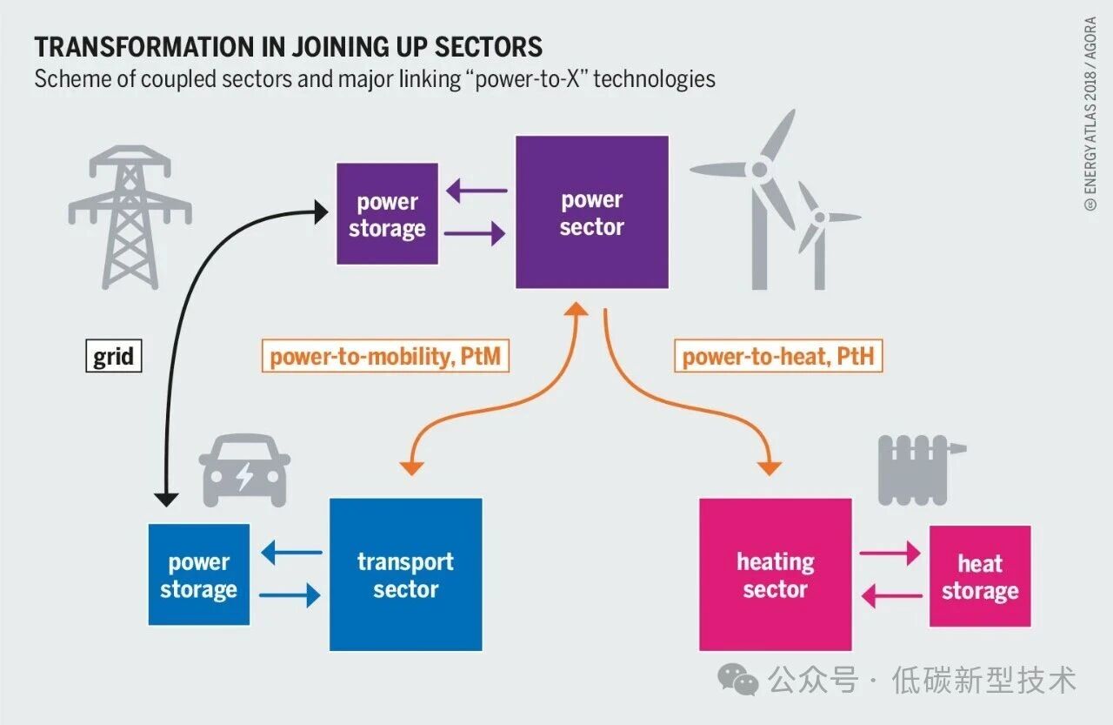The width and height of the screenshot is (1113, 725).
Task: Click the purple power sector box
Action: [x=591, y=212]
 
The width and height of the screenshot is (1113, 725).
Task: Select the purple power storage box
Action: [x=387, y=214]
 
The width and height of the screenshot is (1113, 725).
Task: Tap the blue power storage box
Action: [x=198, y=574]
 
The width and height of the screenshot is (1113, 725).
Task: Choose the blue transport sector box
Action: [x=405, y=574]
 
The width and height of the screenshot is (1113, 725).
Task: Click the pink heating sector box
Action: [x=775, y=574]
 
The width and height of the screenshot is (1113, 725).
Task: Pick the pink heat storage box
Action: [x=980, y=576]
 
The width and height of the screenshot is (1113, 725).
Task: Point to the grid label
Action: [x=113, y=357]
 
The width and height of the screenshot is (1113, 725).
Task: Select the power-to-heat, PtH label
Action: [x=778, y=357]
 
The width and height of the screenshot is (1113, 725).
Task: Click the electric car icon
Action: [x=244, y=470]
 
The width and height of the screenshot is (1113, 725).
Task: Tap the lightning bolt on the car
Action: [x=245, y=476]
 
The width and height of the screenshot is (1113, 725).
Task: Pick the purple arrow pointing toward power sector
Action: [x=475, y=233]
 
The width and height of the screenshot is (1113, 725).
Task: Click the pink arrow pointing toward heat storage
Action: [x=890, y=553]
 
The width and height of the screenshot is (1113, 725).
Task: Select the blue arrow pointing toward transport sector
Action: [x=290, y=596]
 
